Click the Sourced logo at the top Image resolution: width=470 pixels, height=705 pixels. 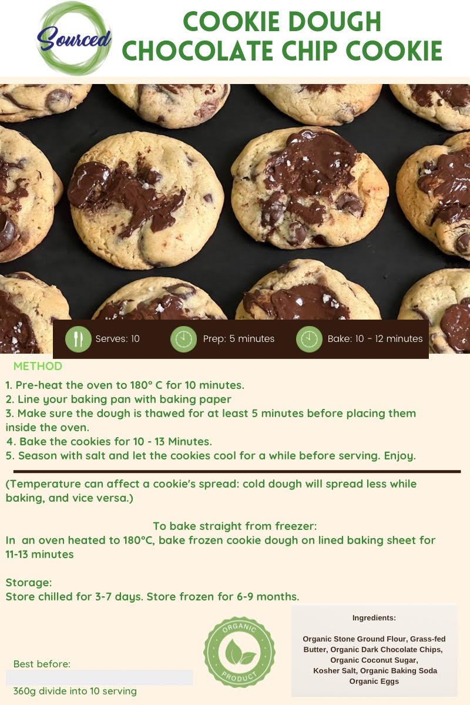coord(74,39)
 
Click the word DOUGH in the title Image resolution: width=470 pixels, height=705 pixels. coord(335,22)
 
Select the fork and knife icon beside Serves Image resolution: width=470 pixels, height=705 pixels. coord(78,339)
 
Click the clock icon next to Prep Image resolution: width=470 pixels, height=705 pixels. coord(183,339)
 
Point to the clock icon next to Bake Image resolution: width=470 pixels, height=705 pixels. coord(309,339)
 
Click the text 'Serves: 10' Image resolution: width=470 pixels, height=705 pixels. coord(117,338)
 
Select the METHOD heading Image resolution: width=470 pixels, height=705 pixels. coord(38,366)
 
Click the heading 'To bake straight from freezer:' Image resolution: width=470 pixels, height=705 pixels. coord(235,526)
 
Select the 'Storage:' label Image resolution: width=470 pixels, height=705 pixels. coord(29,583)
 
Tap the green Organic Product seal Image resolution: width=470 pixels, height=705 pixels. coord(239,652)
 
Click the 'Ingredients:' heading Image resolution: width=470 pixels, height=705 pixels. coord(374,618)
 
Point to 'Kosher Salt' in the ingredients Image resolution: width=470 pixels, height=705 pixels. coord(335,671)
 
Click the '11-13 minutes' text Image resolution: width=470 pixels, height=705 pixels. coord(40,554)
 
